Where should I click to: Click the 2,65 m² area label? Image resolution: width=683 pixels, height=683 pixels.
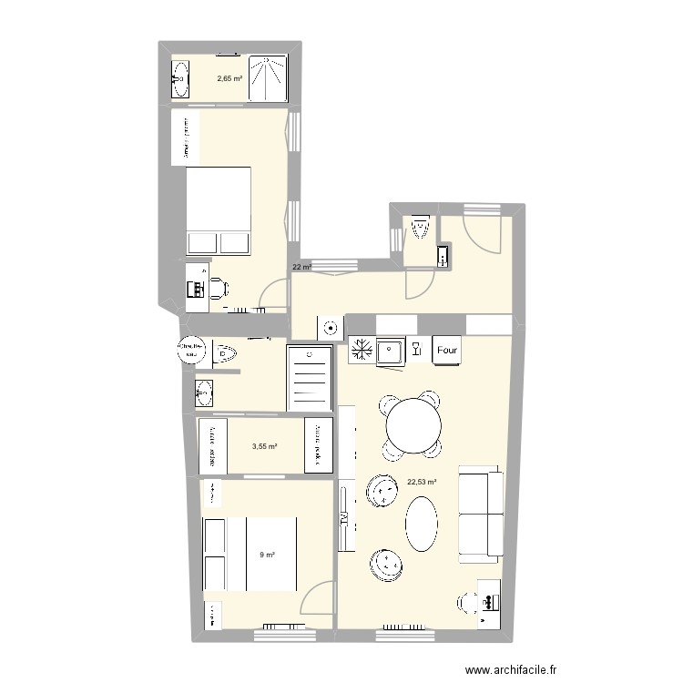point(229,78)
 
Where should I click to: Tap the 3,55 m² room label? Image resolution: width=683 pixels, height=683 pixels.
point(264,446)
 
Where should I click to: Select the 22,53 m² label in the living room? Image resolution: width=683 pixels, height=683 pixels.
point(422,484)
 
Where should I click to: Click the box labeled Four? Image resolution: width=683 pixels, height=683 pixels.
point(447,350)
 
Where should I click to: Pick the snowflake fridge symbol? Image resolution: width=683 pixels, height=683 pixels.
point(361,350)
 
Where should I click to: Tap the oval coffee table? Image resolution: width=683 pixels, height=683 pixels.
point(422,523)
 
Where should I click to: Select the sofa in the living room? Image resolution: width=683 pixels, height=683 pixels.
point(481,514)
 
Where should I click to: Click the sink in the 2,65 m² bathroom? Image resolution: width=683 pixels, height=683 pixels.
point(179,79)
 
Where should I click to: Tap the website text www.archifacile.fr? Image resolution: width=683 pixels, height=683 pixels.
point(509,669)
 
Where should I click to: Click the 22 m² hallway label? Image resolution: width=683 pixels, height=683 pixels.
point(301,268)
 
